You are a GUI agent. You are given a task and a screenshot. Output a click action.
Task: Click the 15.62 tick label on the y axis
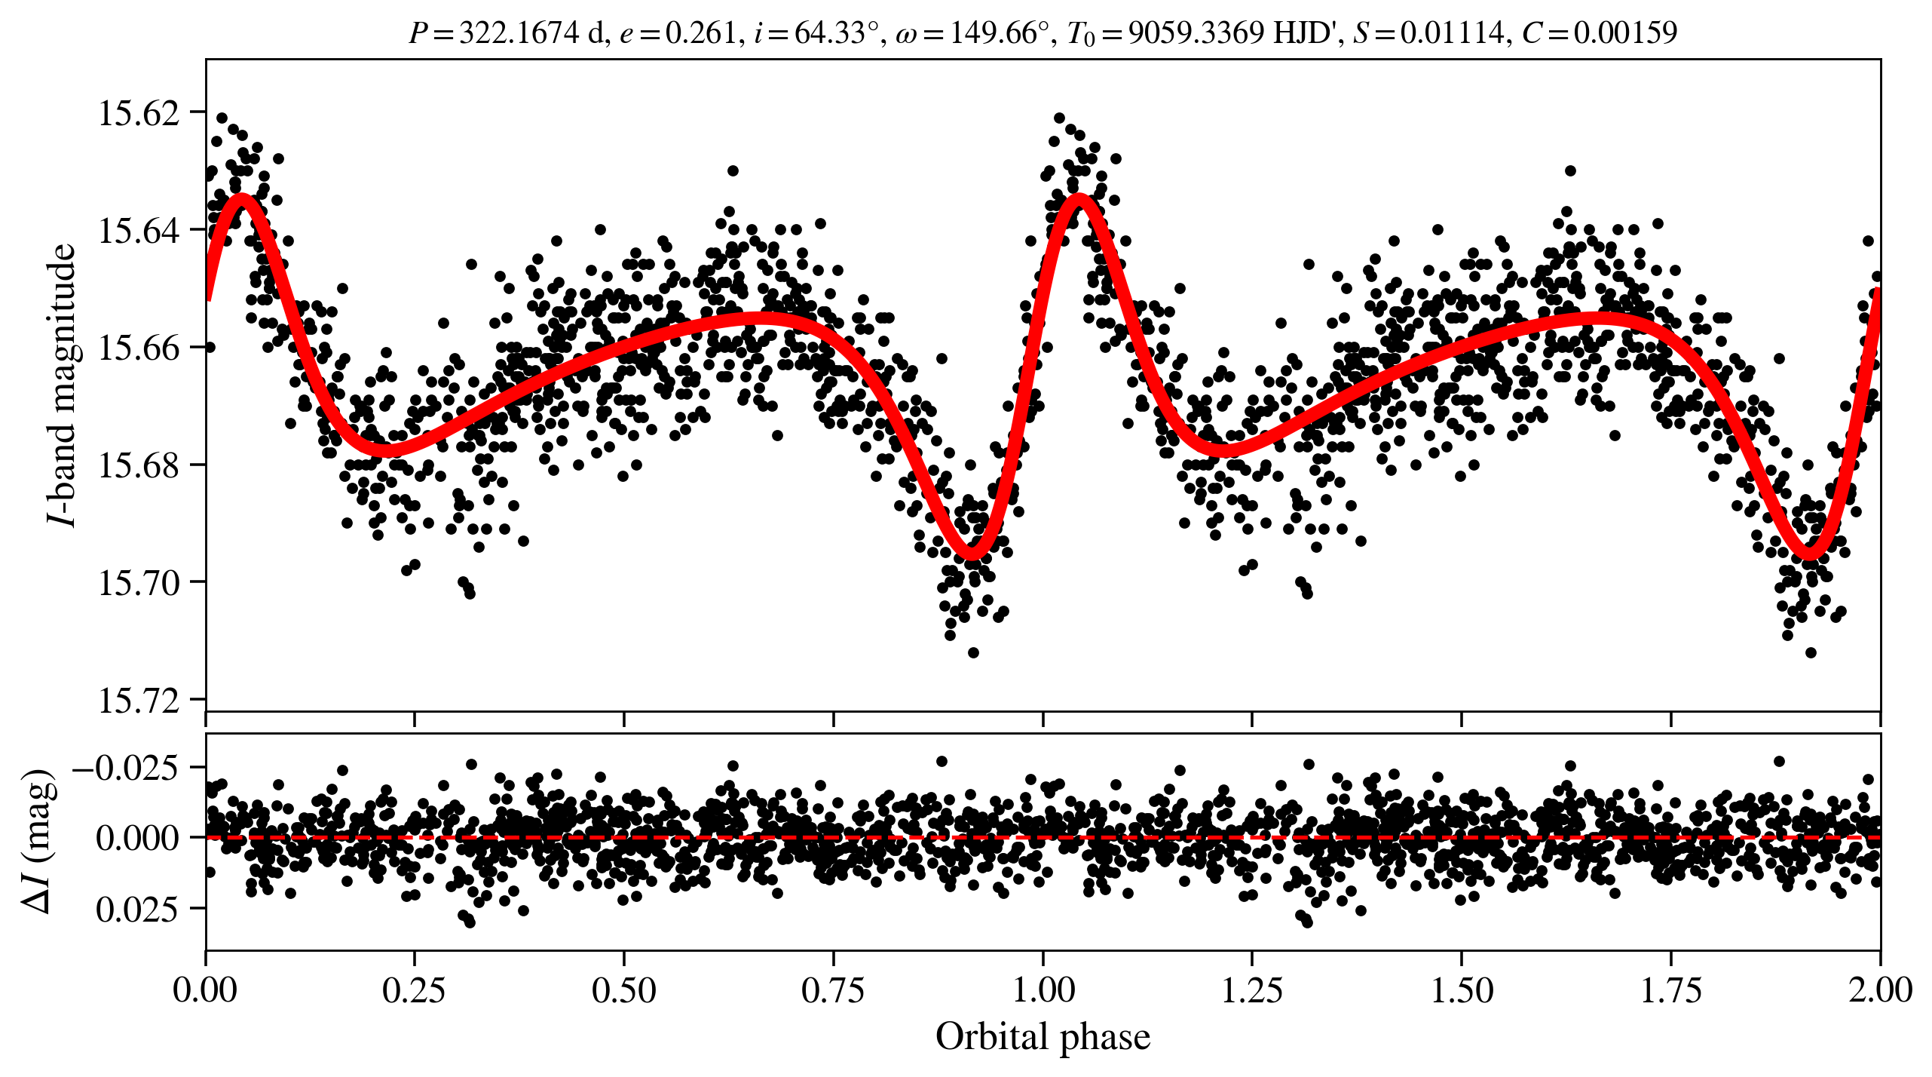[139, 113]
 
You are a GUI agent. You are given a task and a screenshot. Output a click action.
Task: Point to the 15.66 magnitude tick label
[139, 348]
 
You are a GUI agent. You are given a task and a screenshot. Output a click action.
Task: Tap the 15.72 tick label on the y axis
[139, 701]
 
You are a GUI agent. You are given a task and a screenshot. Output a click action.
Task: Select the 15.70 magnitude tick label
[139, 583]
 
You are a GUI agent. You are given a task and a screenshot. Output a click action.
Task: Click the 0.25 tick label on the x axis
[414, 990]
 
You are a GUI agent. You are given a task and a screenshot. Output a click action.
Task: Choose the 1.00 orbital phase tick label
[1043, 990]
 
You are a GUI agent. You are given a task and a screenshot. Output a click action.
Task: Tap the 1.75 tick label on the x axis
[1670, 990]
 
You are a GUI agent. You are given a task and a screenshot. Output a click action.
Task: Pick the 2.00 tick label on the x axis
[1880, 990]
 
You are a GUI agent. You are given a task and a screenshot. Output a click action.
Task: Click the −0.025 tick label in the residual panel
[125, 768]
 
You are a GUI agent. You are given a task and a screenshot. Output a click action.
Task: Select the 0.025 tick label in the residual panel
[137, 909]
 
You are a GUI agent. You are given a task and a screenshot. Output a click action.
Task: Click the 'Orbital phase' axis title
[1043, 1036]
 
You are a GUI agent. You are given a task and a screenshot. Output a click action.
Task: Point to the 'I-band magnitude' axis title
[62, 385]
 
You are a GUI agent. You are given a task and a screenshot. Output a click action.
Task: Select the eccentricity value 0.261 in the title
[700, 32]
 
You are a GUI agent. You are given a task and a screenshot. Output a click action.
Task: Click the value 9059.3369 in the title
[1196, 32]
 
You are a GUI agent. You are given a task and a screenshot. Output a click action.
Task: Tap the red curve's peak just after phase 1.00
[1079, 198]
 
